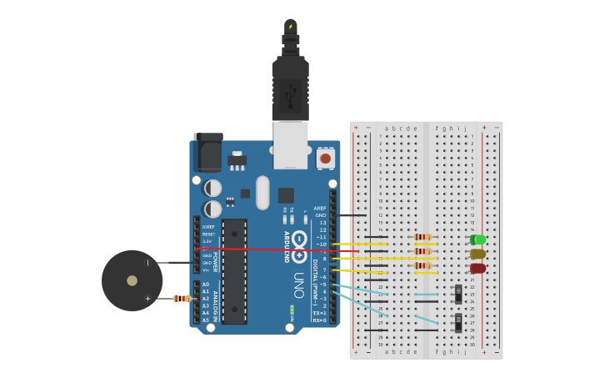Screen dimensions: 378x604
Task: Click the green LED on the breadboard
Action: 477,240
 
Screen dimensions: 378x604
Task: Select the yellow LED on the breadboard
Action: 477,254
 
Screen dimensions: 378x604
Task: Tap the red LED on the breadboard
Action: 477,268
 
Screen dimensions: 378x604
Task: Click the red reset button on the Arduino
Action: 325,158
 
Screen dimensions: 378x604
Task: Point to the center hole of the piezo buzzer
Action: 132,280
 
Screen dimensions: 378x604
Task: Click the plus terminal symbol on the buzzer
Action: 148,298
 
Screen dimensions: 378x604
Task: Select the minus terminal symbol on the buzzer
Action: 148,263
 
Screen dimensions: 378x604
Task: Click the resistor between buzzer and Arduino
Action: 182,299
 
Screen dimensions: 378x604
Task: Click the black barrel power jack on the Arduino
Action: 207,153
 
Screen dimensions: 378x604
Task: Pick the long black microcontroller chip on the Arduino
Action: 234,271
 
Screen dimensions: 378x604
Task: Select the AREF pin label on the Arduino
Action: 320,208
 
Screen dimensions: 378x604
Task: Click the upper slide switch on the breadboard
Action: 458,294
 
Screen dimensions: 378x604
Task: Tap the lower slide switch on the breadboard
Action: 458,322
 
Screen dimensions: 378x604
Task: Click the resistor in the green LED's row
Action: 423,237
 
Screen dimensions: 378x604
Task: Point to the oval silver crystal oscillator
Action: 262,192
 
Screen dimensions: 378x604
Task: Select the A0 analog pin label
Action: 206,285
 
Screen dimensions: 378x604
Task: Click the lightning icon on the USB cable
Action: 290,27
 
